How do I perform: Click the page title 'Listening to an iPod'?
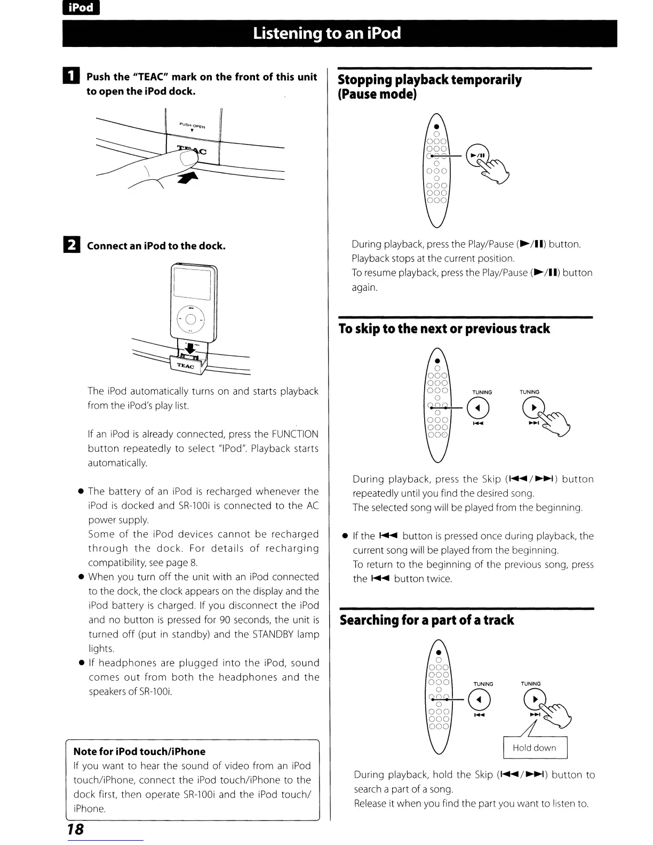(x=326, y=34)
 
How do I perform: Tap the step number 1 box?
(x=73, y=77)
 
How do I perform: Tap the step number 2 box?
(x=73, y=245)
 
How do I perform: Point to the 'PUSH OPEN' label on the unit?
(x=193, y=126)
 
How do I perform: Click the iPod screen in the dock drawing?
(x=192, y=283)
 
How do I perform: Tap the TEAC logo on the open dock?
(x=185, y=366)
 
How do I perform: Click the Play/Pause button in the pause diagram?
(x=477, y=155)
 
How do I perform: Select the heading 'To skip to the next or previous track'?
(x=444, y=329)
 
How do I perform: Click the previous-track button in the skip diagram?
(x=478, y=409)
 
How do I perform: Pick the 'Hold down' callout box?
(x=535, y=748)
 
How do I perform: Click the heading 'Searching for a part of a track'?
(x=427, y=620)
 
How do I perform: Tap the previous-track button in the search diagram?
(x=479, y=700)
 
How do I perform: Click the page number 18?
(x=75, y=828)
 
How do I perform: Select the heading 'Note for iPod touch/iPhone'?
(x=139, y=752)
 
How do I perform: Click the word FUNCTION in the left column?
(x=294, y=434)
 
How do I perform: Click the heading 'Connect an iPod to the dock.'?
(x=156, y=246)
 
